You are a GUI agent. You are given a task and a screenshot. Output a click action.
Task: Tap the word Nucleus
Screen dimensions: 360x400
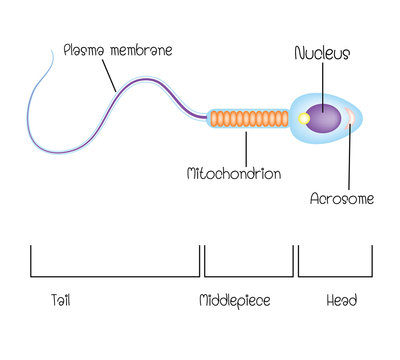[322, 53]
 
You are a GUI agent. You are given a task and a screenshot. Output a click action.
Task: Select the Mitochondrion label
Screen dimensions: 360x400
[234, 173]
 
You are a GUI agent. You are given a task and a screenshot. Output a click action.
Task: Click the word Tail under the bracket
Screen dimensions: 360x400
[60, 300]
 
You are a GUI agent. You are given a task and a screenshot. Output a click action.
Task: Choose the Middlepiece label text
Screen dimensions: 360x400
[235, 300]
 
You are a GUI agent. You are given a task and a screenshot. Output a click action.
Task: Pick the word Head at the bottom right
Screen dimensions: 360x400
[340, 300]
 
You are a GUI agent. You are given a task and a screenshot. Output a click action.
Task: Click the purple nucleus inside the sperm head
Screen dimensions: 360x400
[324, 119]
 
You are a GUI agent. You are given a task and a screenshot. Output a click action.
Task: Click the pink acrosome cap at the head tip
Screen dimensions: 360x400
[351, 119]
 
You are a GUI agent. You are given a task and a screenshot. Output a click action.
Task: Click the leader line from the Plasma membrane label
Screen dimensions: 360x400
[119, 74]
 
